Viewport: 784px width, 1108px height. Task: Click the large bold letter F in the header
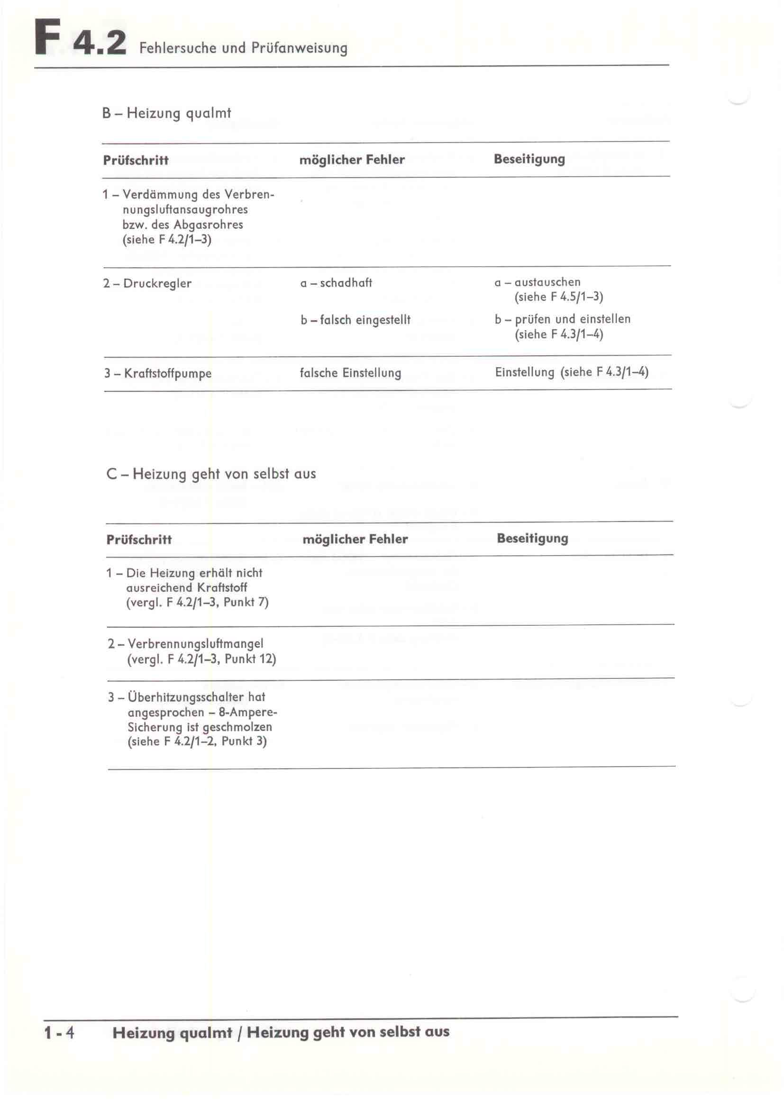coord(48,37)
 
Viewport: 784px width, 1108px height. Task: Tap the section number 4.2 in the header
coord(100,43)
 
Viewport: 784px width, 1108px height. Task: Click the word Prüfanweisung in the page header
coord(299,48)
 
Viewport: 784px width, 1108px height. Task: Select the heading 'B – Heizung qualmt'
coord(166,113)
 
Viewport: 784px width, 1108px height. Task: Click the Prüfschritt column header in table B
coord(136,160)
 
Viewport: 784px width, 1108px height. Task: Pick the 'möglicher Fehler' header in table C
coord(355,539)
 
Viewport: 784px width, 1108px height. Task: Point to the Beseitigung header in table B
coord(529,159)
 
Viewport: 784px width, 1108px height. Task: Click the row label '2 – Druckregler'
coord(147,283)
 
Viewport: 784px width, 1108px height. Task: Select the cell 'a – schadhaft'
coord(336,283)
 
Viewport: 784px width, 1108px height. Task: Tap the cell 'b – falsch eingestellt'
coord(356,320)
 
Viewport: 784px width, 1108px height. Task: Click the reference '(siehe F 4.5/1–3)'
coord(558,297)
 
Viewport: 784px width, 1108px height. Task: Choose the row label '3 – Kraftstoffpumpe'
coord(158,373)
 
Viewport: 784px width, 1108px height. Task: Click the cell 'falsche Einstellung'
coord(350,373)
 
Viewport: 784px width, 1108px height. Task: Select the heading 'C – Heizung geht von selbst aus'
coord(211,474)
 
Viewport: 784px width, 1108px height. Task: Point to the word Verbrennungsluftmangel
coord(195,644)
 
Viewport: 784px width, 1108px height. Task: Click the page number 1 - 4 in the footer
coord(59,1033)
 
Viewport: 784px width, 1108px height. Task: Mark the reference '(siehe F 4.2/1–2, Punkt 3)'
coord(197,742)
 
